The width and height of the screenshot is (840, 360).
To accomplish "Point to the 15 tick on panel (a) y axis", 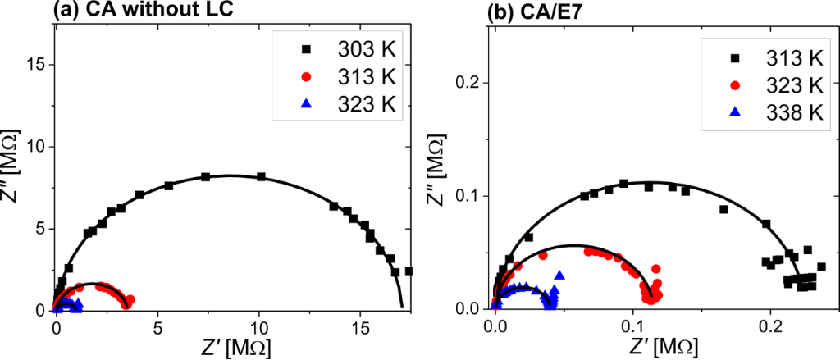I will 38,64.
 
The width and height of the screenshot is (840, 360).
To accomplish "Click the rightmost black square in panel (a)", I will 409,270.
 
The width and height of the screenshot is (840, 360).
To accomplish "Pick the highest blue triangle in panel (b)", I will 559,275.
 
